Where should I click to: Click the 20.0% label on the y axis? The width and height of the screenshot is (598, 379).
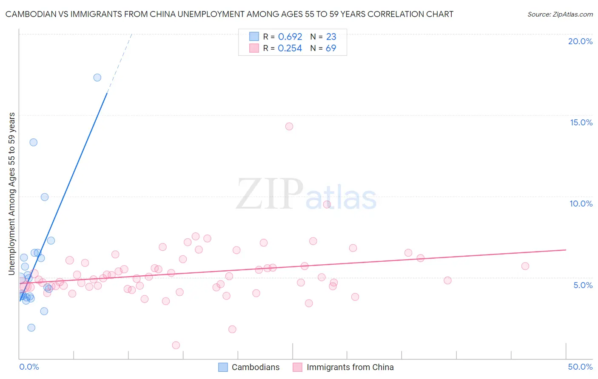pos(580,41)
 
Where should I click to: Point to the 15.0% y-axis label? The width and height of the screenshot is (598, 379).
pos(581,122)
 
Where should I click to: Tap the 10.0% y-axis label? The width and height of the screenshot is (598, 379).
pos(581,204)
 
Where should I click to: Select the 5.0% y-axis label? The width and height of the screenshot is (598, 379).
pos(583,285)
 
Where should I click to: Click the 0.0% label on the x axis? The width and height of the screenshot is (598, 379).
pos(29,367)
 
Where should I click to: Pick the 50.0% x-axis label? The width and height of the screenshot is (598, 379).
pos(580,367)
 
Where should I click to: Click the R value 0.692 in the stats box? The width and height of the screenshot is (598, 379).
pos(290,37)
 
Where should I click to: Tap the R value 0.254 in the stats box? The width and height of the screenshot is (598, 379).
pos(290,48)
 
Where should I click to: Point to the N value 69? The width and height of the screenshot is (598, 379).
pos(331,48)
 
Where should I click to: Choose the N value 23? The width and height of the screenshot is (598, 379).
pos(331,37)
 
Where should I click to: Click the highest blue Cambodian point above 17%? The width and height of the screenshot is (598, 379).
pos(97,77)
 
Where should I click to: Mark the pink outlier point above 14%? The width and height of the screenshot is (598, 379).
pos(289,126)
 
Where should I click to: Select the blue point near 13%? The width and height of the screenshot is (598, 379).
pos(34,142)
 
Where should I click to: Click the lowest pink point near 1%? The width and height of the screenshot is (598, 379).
pos(176,345)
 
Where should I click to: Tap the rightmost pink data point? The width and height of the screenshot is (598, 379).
pos(525,266)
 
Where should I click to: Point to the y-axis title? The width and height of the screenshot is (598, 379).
pos(12,194)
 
